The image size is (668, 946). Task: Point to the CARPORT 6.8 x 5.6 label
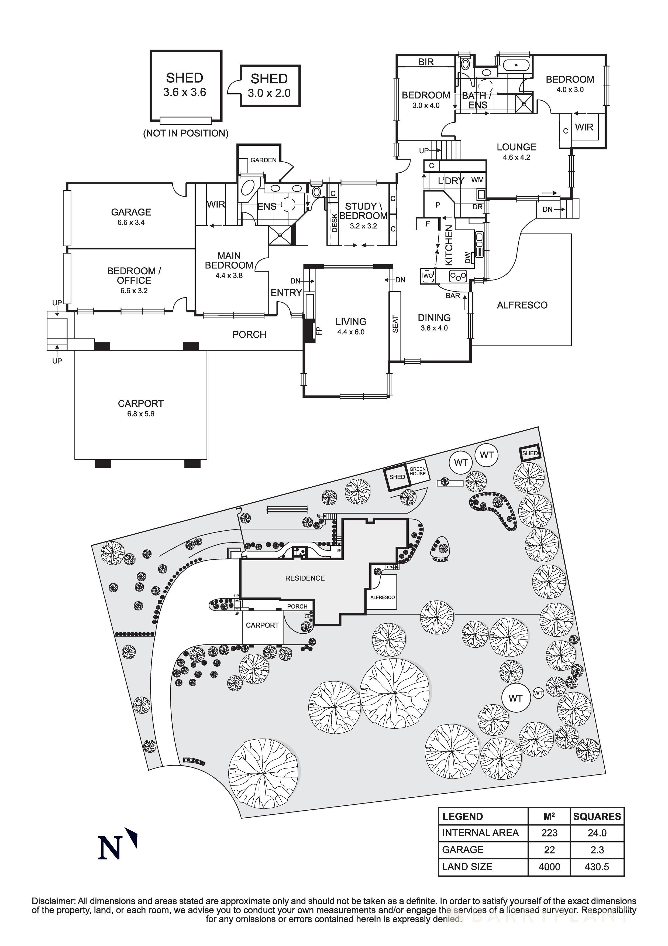(140, 408)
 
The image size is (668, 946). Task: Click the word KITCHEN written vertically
(449, 245)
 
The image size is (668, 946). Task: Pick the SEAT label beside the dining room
(395, 324)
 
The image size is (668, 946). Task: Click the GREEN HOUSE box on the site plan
(418, 472)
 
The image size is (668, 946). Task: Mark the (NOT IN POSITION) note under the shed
(186, 133)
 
